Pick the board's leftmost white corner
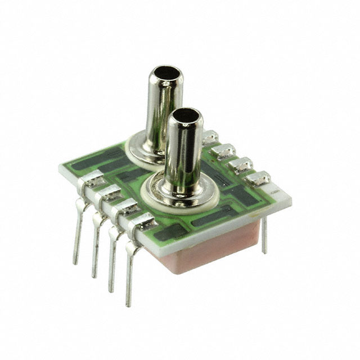(60, 168)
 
